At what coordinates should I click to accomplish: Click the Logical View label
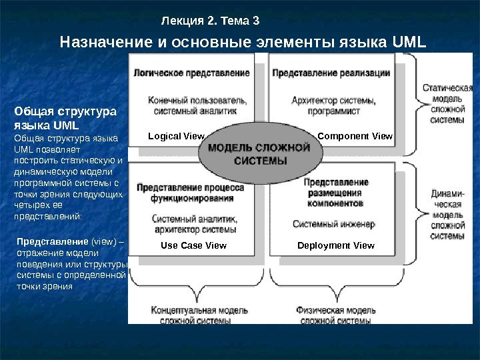pyautogui.click(x=176, y=137)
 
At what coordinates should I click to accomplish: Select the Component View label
pyautogui.click(x=355, y=137)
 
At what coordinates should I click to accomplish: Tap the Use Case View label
pyautogui.click(x=194, y=245)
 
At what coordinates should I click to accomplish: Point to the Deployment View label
pyautogui.click(x=336, y=245)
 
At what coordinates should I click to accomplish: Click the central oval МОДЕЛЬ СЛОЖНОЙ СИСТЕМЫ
pyautogui.click(x=261, y=154)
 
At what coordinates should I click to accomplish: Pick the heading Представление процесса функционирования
pyautogui.click(x=191, y=193)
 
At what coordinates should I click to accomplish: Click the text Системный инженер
pyautogui.click(x=333, y=224)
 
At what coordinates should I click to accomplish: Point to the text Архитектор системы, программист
pyautogui.click(x=333, y=106)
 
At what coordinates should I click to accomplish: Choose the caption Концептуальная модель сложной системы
pyautogui.click(x=191, y=315)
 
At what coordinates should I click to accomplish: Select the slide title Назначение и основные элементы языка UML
pyautogui.click(x=243, y=43)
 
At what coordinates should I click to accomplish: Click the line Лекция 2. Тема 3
pyautogui.click(x=210, y=21)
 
